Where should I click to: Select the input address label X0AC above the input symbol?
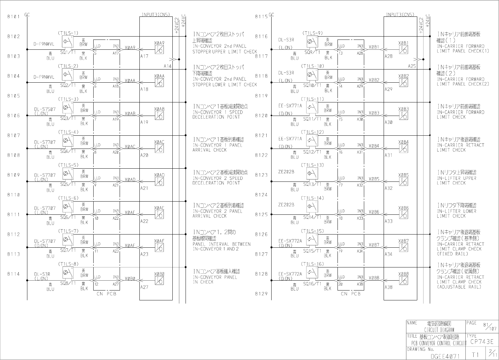159,142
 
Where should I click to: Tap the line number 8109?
14,175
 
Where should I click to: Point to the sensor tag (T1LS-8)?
68,264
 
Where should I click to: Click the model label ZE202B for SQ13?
286,172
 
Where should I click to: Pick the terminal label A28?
389,56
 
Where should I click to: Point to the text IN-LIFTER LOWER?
456,211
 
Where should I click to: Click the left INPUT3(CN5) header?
156,14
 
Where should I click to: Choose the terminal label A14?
168,66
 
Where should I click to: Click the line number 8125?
261,214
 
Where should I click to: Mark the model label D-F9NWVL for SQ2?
44,77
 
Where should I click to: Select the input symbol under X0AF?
159,248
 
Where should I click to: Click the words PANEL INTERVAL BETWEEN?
221,244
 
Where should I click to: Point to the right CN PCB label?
351,293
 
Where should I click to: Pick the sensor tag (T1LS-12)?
312,132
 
